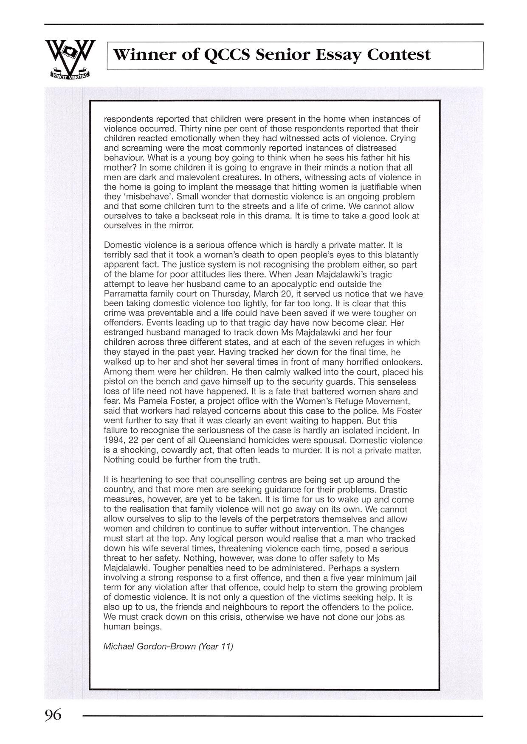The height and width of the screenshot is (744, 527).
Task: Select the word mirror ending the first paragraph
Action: pos(181,226)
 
